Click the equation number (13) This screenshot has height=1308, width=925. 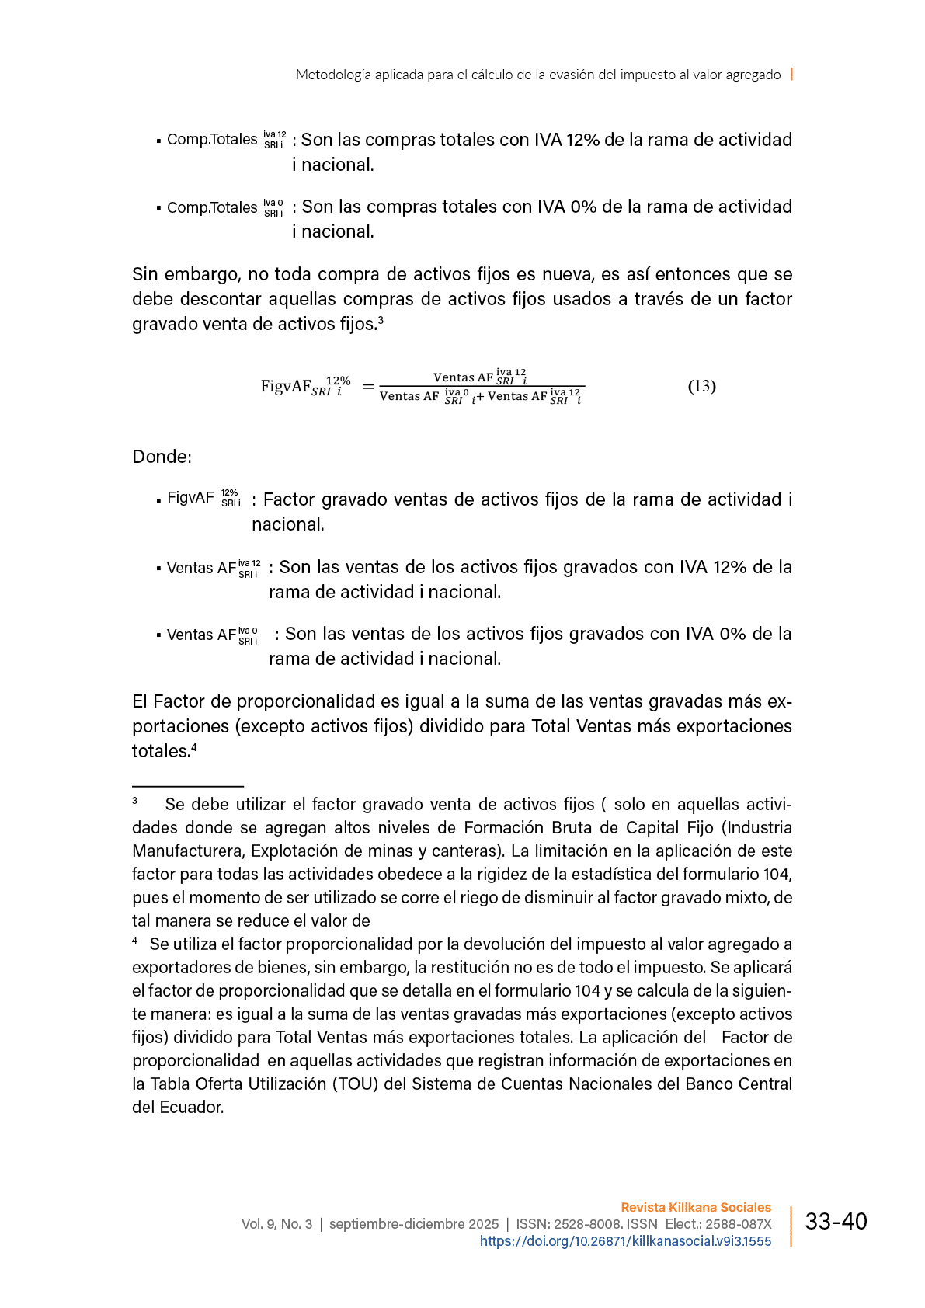coord(701,386)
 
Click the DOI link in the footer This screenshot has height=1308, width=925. coord(625,1241)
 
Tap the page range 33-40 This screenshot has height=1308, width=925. coord(836,1222)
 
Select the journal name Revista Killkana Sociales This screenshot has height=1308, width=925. coord(696,1207)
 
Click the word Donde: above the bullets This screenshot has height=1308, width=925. coord(162,457)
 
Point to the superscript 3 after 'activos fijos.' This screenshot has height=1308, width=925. coord(381,319)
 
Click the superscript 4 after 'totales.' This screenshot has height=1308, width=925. coord(194,747)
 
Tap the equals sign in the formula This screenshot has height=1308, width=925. coord(368,386)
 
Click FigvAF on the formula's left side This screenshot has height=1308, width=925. coord(285,386)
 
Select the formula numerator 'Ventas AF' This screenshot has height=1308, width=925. coord(463,377)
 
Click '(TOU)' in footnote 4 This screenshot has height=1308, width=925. coord(355,1084)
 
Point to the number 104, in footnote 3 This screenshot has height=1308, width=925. coord(777,874)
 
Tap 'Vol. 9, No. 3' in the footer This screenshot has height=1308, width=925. coord(276,1224)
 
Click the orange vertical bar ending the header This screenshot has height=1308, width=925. coord(791,75)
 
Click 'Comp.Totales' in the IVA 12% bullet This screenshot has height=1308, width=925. coord(212,140)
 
